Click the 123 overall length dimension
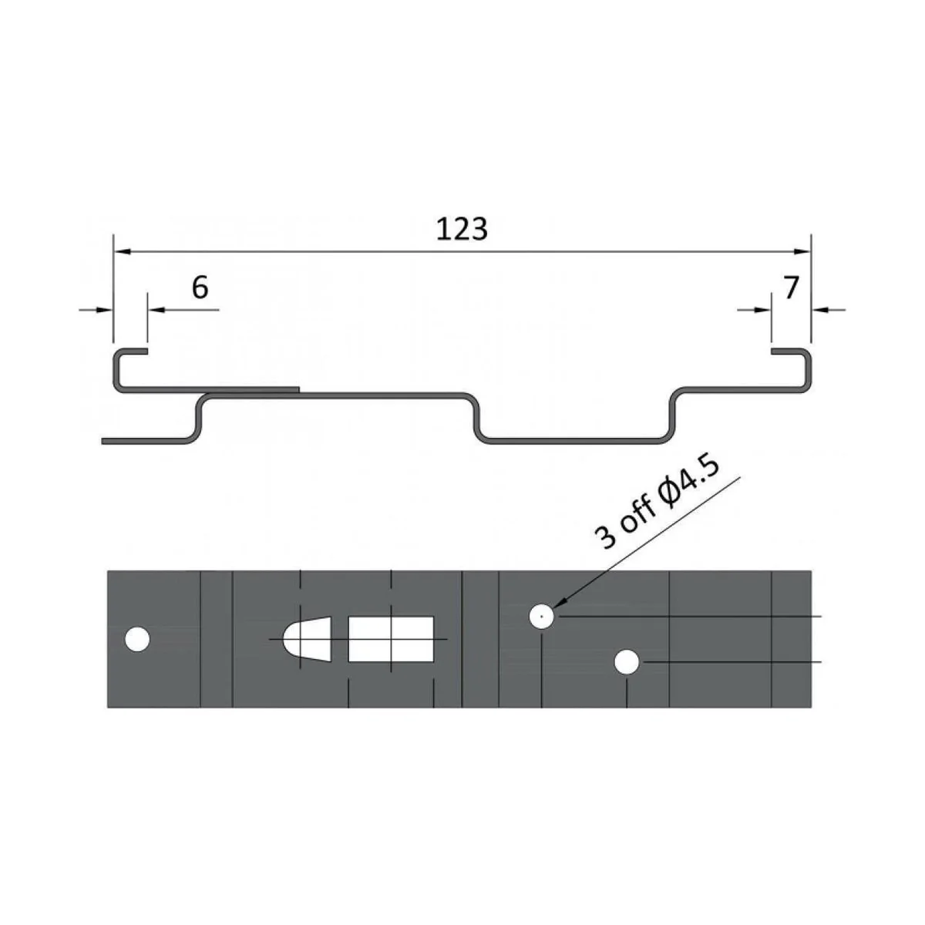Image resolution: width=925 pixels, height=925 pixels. pos(462,229)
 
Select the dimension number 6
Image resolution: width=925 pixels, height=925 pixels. pos(200,288)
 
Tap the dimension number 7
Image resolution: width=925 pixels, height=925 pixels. pos(791,288)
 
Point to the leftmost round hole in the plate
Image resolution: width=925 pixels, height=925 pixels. pos(137,640)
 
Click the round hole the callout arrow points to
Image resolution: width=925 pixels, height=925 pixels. pos(542,617)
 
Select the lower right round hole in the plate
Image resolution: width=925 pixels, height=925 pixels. pos(627,661)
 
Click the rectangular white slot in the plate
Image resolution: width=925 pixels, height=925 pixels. pos(391,639)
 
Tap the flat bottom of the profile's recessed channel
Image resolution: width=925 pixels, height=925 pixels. pos(574,442)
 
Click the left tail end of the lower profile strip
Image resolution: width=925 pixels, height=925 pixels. pos(106,441)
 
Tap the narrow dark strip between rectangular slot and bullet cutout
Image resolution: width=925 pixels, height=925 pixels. pos(340,639)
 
